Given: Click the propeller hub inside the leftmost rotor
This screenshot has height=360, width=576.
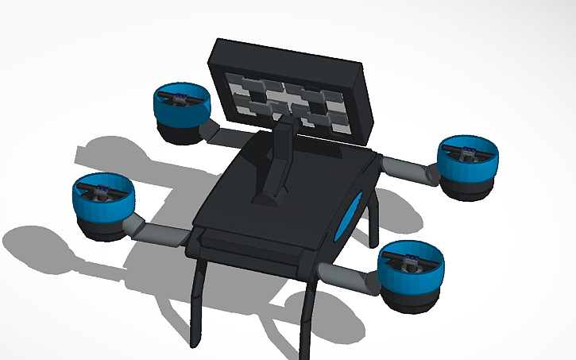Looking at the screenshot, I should (102, 190).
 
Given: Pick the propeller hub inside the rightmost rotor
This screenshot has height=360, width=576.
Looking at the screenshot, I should (469, 150).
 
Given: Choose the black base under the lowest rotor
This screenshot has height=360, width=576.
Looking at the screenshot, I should (408, 300).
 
